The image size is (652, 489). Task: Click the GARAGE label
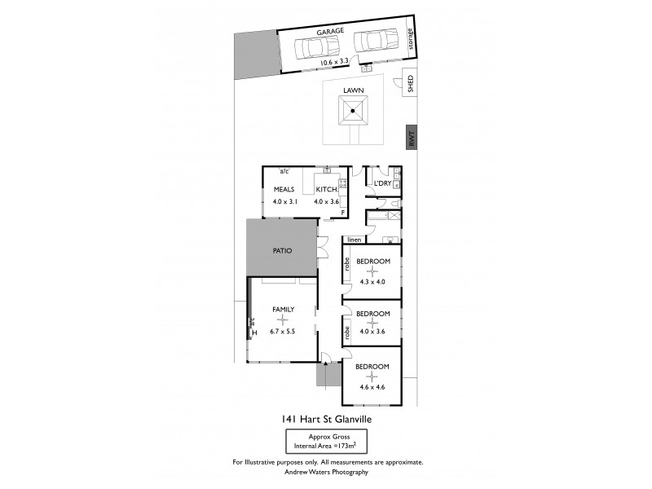(x=331, y=31)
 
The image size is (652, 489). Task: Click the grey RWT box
(x=412, y=139)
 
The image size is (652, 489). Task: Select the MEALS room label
(x=284, y=189)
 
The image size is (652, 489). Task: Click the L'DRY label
(x=382, y=183)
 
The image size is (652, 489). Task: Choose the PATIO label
(x=283, y=250)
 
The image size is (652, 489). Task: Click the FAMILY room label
(x=283, y=309)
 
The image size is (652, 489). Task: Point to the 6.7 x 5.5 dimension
(x=283, y=332)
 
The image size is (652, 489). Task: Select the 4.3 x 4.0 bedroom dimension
(x=372, y=282)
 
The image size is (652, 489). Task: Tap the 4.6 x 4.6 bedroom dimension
(x=372, y=387)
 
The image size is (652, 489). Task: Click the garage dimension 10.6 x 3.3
(x=334, y=62)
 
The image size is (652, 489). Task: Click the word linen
(x=354, y=240)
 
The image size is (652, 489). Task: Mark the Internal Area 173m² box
(x=324, y=443)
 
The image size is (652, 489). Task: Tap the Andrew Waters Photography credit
(x=326, y=472)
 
